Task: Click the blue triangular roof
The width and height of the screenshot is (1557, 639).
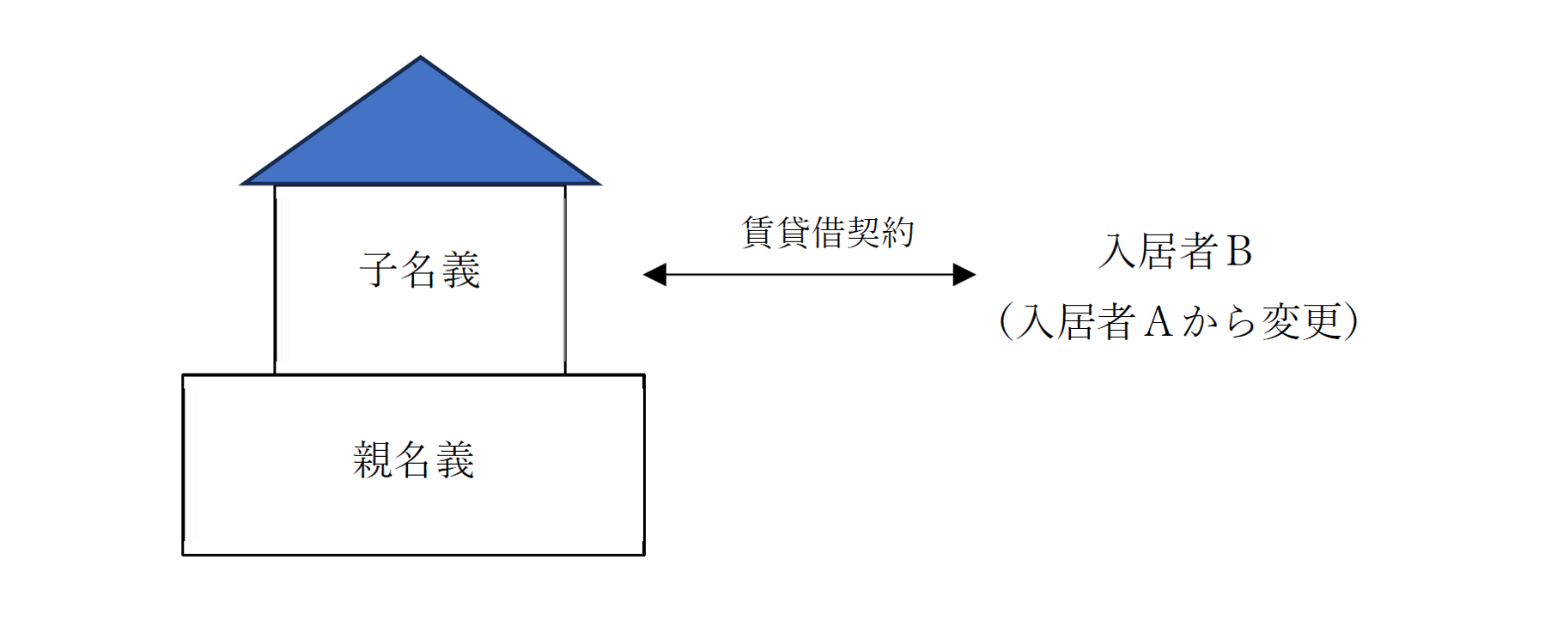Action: (x=420, y=137)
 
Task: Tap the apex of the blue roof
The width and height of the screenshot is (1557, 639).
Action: (x=420, y=57)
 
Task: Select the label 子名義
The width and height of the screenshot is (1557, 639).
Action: (x=419, y=270)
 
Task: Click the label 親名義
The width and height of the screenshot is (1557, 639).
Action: (x=414, y=459)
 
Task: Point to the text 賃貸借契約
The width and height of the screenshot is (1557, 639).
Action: (x=828, y=232)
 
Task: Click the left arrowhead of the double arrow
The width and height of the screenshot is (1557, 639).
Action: (x=654, y=275)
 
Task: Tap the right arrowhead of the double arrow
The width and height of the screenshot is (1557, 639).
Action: (x=964, y=275)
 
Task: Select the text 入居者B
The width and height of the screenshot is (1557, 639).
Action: (x=1175, y=252)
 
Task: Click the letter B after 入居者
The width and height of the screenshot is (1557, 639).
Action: (x=1239, y=252)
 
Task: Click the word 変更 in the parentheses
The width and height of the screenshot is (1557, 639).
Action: (x=1300, y=322)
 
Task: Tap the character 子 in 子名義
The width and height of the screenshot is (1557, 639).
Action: (x=379, y=270)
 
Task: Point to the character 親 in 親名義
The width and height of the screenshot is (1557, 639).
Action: (x=373, y=459)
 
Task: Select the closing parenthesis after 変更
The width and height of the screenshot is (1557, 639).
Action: (x=1351, y=322)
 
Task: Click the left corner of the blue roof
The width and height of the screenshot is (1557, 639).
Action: (x=241, y=184)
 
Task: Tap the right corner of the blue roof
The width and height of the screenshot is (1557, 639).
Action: (x=599, y=184)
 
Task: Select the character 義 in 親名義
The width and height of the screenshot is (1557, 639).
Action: (x=455, y=459)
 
